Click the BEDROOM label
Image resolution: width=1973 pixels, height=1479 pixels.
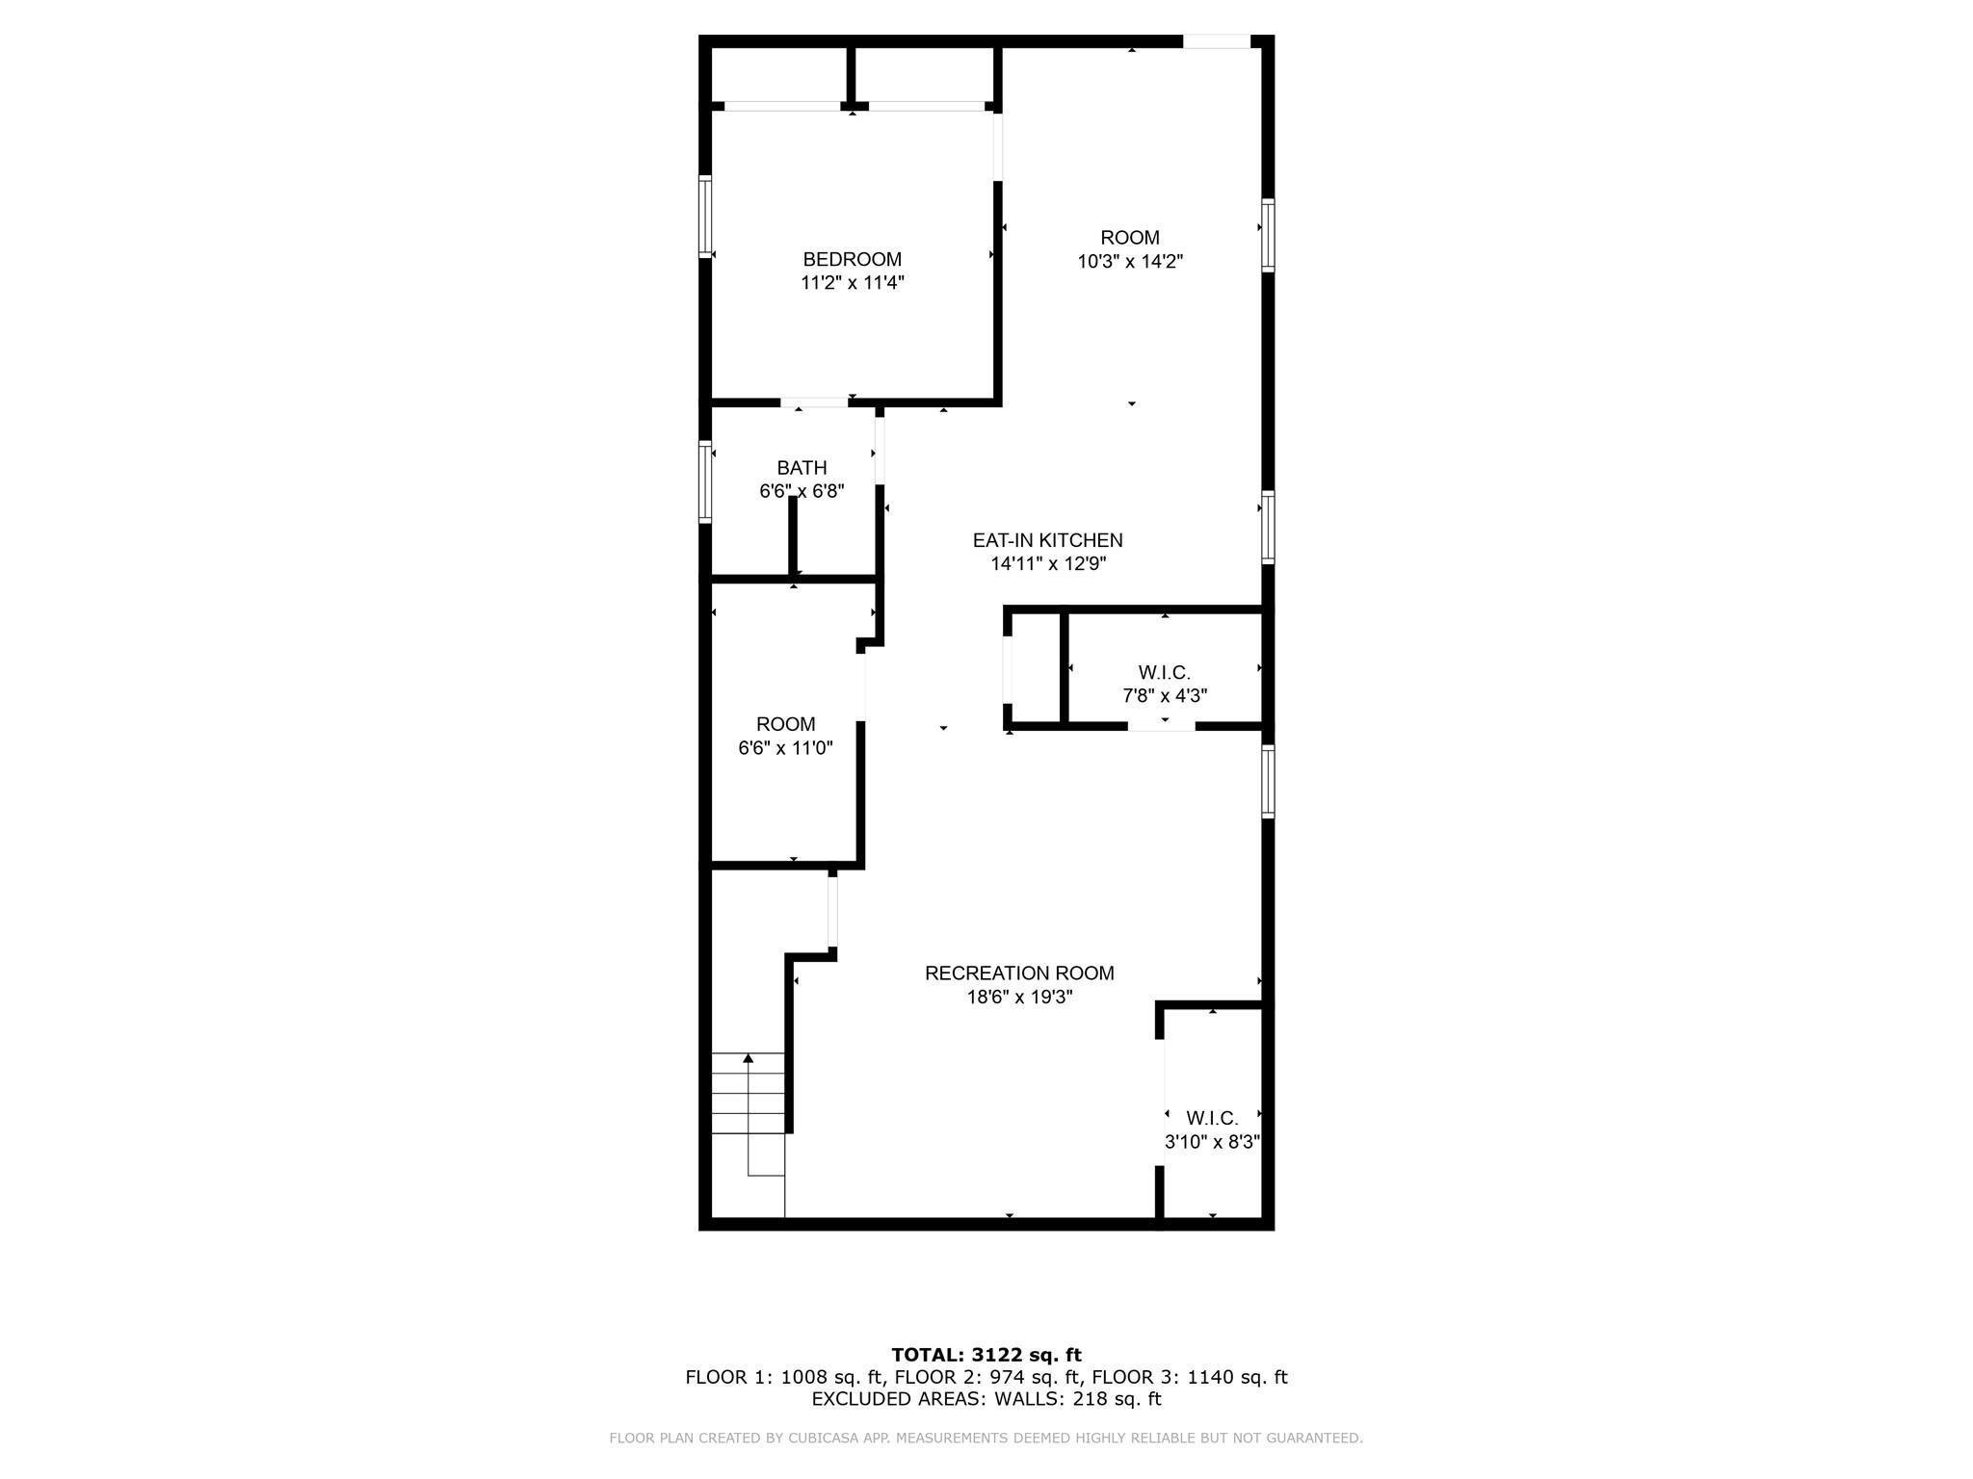tap(852, 259)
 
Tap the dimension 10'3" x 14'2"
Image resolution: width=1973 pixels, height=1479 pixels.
tap(1130, 261)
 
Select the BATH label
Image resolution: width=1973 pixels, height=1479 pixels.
tap(802, 468)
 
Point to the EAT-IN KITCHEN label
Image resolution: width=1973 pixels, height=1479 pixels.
tap(1047, 540)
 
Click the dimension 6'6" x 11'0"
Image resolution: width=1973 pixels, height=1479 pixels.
tap(785, 748)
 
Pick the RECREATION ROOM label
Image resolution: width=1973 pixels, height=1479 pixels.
tap(1019, 973)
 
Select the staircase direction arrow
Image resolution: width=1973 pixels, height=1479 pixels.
tap(749, 1059)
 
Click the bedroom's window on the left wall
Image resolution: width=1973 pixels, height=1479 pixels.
tap(705, 217)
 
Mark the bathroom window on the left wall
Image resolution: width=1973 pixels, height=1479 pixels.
tap(705, 481)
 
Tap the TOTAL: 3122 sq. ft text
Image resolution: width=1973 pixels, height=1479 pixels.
tap(986, 1355)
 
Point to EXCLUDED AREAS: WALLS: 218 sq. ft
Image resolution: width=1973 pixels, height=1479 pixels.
tap(986, 1399)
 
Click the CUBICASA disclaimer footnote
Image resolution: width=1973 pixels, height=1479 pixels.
tap(986, 1439)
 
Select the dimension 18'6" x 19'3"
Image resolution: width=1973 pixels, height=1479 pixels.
tap(1019, 998)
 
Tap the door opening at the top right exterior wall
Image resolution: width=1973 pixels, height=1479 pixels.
tap(1216, 41)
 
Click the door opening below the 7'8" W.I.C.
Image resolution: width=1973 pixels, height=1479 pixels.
tap(1162, 726)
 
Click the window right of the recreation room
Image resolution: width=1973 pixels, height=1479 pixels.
tap(1268, 782)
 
